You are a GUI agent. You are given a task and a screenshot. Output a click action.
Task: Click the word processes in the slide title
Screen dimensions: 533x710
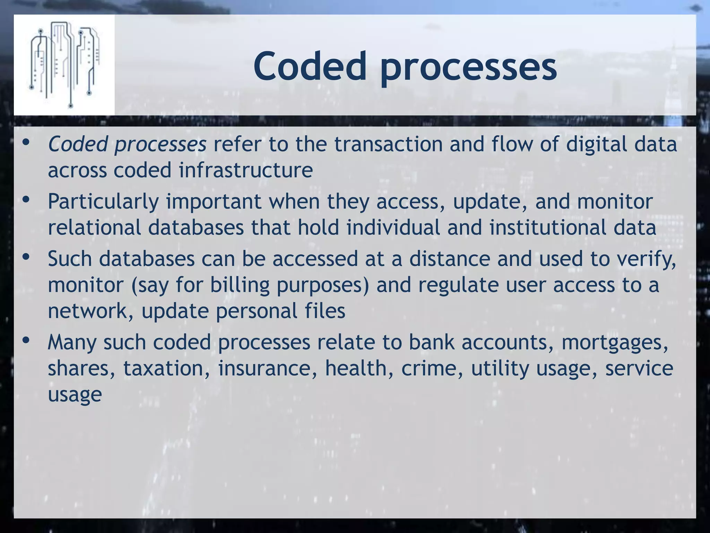coord(468,68)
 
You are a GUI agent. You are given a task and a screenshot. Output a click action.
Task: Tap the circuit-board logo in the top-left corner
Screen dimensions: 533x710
coord(64,65)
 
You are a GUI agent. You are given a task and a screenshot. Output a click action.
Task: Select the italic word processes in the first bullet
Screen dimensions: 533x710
coord(161,145)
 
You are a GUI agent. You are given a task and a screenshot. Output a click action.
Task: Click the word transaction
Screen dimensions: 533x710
coord(389,144)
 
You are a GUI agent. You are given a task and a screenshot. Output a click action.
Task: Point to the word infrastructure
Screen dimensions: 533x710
coord(246,170)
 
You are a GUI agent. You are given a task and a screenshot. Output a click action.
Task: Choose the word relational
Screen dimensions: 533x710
coord(94,228)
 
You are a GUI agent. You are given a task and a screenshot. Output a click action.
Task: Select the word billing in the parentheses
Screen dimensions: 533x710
coord(240,285)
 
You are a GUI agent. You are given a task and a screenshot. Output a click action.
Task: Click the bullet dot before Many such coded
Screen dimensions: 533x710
coord(26,340)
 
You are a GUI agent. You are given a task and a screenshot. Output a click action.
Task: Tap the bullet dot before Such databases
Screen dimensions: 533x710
coord(26,257)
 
